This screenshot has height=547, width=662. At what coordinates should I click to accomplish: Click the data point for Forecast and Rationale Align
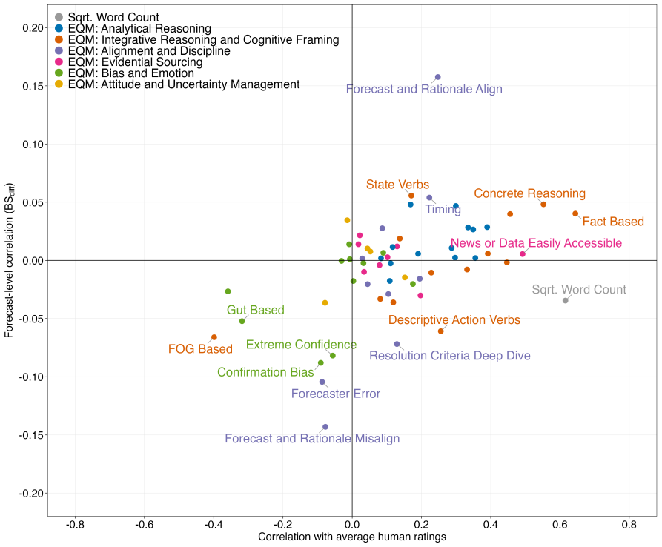[x=438, y=77]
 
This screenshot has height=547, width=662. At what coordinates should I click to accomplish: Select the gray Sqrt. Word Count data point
[x=566, y=300]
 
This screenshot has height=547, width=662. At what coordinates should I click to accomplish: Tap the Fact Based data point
[x=575, y=214]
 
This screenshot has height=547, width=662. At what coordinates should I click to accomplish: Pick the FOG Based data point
[x=214, y=337]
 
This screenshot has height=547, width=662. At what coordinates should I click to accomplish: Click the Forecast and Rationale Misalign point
[x=325, y=427]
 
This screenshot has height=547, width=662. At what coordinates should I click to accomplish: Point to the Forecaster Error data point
[x=322, y=382]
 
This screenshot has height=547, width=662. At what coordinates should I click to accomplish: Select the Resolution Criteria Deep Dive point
[x=397, y=345]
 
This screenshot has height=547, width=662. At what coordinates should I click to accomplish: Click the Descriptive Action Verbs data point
[x=441, y=331]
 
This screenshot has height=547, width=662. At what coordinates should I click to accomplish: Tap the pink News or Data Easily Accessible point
[x=522, y=254]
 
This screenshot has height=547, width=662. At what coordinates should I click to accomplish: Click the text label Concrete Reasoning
[x=529, y=193]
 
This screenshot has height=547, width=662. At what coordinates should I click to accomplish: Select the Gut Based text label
[x=256, y=311]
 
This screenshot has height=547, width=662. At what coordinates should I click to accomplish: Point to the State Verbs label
[x=397, y=185]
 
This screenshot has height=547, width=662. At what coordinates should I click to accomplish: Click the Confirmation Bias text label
[x=265, y=372]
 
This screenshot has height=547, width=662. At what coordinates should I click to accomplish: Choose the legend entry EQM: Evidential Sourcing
[x=129, y=62]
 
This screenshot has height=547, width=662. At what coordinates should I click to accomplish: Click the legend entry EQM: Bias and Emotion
[x=125, y=73]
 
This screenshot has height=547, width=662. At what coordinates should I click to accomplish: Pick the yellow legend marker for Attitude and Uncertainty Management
[x=59, y=84]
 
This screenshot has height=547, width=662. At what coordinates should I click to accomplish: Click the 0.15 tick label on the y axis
[x=33, y=86]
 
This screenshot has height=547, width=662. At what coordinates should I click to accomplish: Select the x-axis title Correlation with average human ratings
[x=352, y=537]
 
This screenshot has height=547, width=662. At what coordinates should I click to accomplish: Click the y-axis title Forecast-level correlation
[x=10, y=260]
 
